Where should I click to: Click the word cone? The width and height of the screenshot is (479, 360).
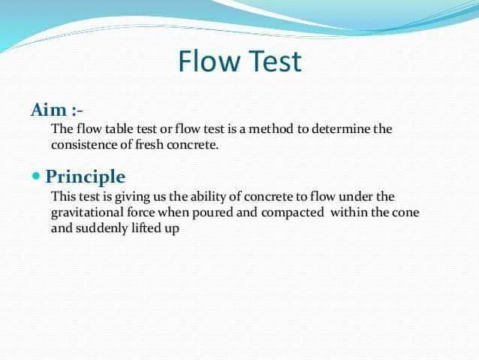(405, 213)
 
